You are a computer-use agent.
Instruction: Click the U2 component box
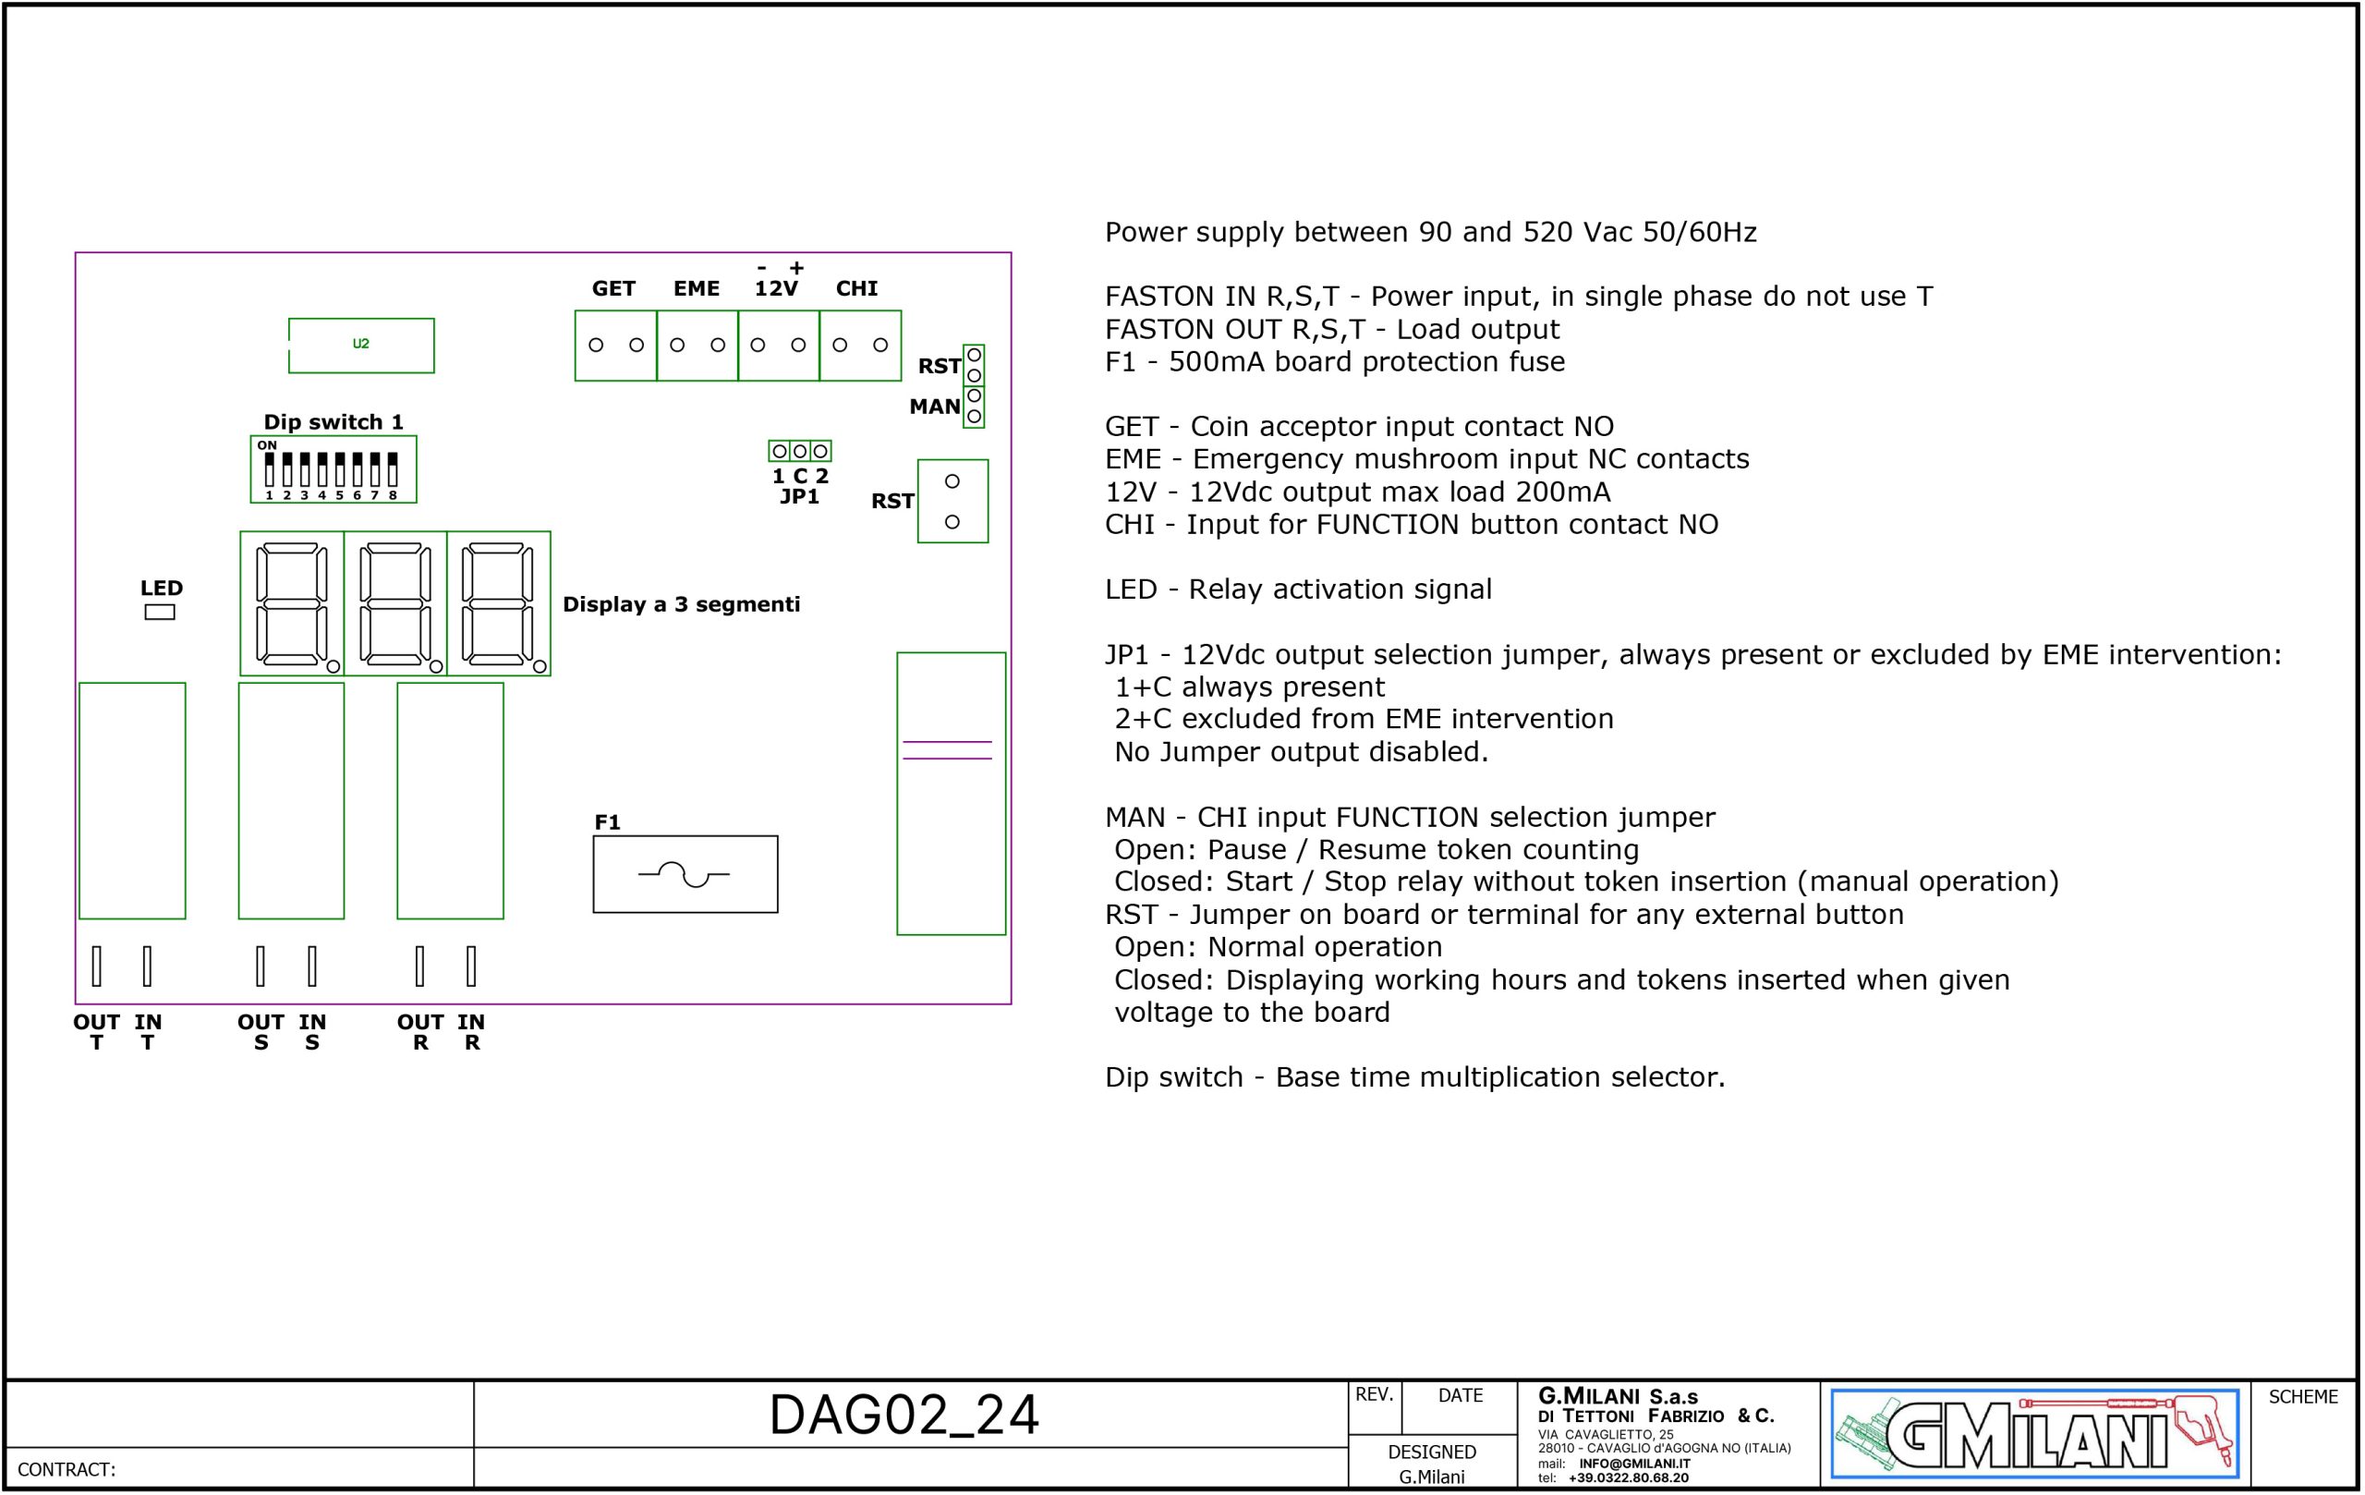360,345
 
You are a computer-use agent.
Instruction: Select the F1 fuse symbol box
685,874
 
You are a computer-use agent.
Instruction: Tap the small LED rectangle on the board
159,612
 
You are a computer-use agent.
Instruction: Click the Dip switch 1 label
333,421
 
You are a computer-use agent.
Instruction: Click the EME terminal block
697,346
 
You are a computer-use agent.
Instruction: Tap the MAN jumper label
934,407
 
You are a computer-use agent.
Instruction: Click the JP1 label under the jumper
799,497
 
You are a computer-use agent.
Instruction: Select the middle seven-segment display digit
394,603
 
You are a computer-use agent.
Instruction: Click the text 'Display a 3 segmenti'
681,604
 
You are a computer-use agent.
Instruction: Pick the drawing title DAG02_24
904,1416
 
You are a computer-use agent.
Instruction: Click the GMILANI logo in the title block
2034,1434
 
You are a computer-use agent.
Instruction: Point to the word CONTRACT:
67,1469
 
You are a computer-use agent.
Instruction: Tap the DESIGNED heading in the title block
1431,1452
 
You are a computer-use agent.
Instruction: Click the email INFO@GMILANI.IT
1634,1464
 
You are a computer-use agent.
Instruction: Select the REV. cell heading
1374,1395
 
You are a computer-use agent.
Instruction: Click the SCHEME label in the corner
2302,1397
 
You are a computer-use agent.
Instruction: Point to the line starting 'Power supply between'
1430,232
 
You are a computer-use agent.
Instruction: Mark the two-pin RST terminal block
952,501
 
